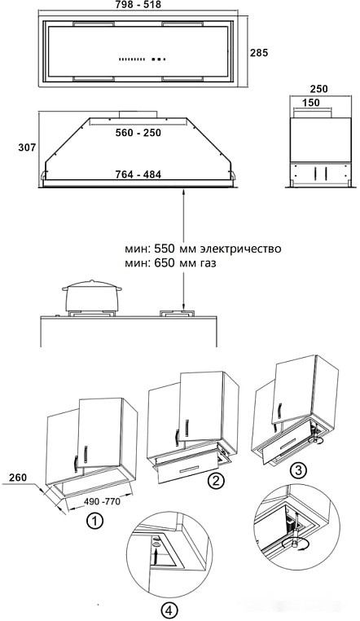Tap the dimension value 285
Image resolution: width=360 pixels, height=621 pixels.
pos(258,53)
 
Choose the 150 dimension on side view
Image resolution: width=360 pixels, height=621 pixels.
pos(310,103)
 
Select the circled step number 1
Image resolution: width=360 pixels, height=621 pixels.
pos(96,520)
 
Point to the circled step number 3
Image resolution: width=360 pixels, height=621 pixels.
pos(299,469)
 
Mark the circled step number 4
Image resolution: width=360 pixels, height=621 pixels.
pos(167,609)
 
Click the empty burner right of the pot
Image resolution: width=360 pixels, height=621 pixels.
pos(178,313)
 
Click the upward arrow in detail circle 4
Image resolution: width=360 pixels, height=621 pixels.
pos(156,553)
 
